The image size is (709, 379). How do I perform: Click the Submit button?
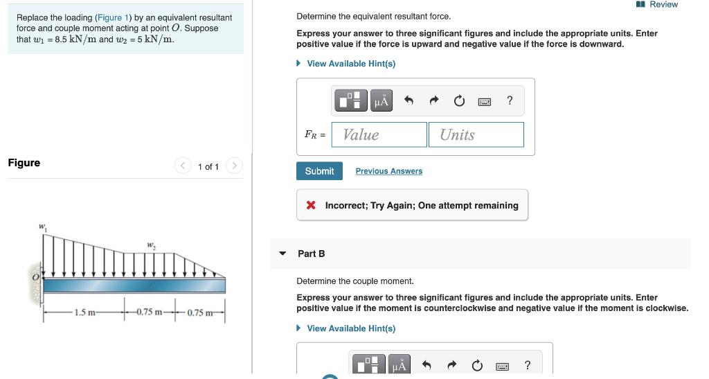319,171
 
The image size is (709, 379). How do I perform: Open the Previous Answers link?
388,171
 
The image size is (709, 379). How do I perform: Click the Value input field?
379,134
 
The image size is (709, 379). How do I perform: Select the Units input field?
476,134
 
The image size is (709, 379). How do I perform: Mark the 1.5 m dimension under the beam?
85,312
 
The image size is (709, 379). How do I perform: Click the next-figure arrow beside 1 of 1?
235,166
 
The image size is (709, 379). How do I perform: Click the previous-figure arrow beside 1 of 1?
183,166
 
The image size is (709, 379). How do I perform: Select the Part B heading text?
311,254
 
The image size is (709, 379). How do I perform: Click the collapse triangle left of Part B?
282,254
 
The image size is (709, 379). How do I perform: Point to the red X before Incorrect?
311,206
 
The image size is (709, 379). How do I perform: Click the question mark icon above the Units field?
510,101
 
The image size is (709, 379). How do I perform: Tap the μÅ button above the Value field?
382,101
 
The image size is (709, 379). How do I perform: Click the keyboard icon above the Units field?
485,102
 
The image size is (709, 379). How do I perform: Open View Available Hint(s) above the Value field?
350,64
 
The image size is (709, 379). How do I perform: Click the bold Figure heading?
24,163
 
